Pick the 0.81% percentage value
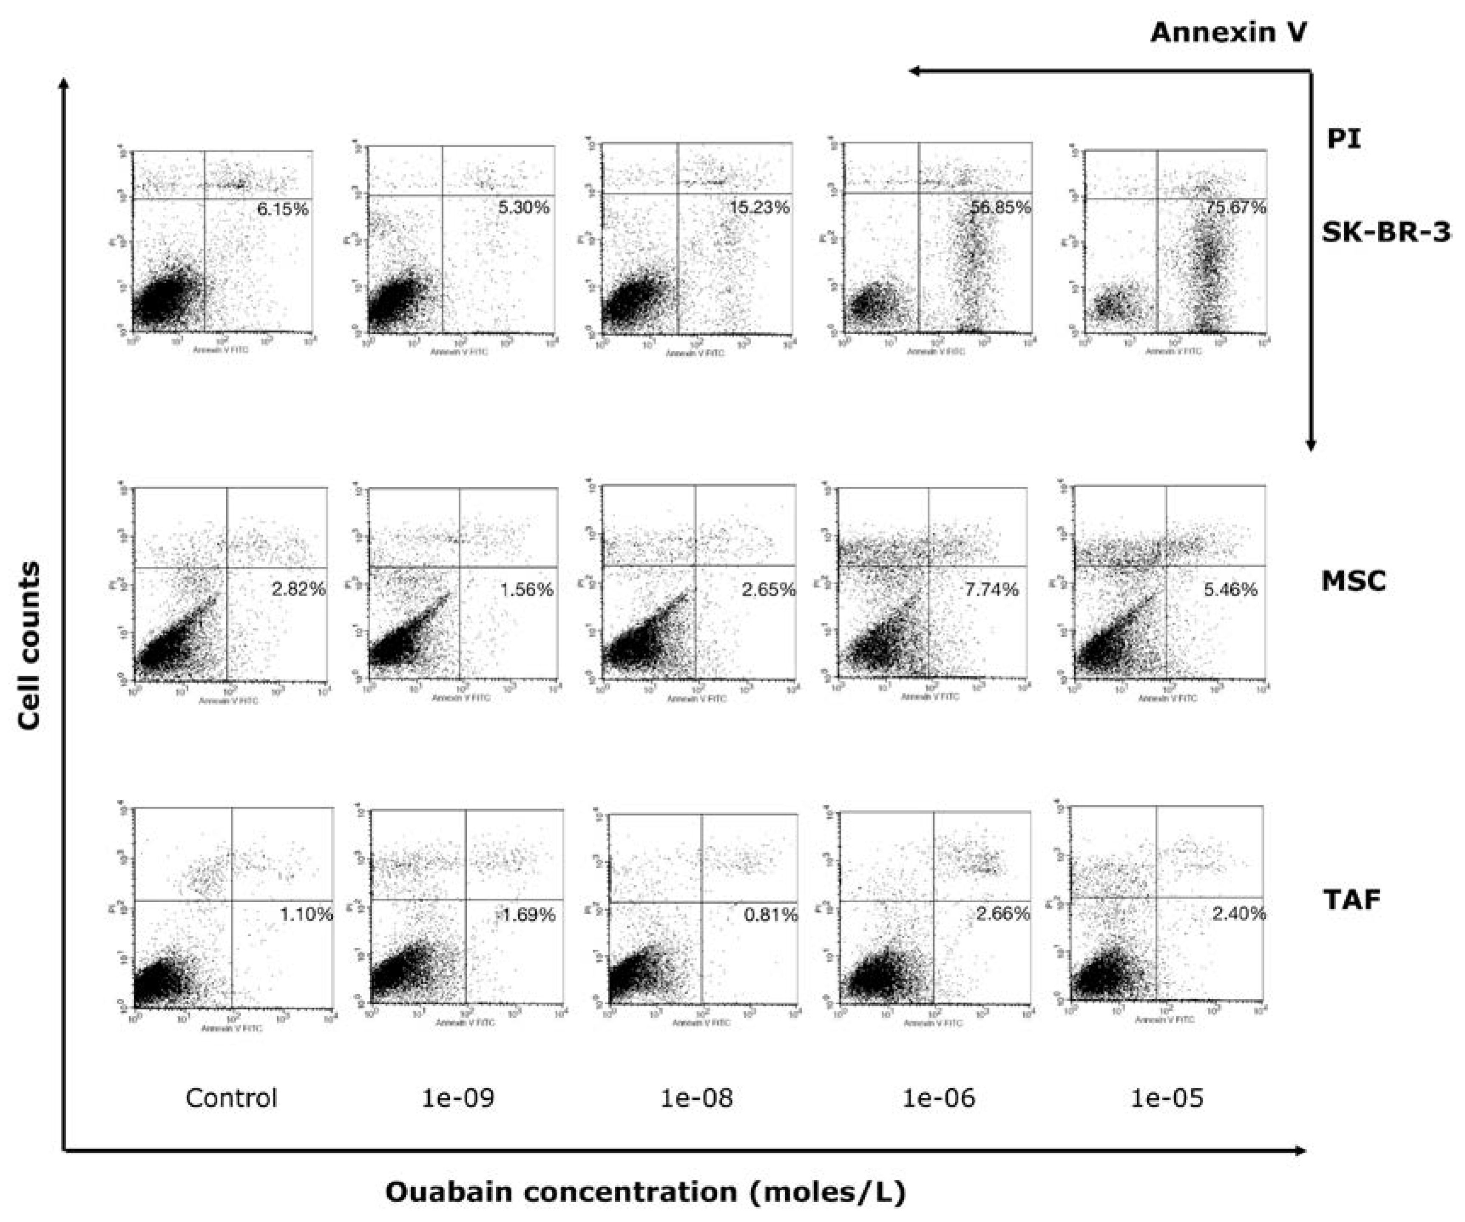tap(770, 914)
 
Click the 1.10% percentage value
tap(306, 914)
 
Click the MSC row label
tap(1353, 581)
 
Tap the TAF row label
tap(1352, 900)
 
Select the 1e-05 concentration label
tap(1167, 1098)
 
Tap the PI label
tap(1343, 139)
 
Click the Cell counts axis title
tap(29, 645)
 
